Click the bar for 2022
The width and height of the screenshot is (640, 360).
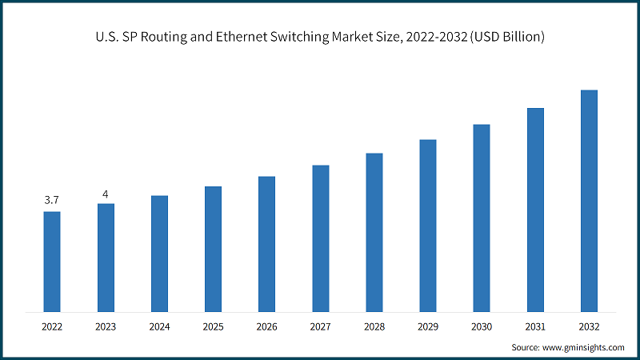pos(52,261)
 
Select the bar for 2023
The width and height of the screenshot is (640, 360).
pos(106,257)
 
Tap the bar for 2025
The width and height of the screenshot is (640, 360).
pos(213,249)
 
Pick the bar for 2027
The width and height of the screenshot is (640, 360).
pos(321,238)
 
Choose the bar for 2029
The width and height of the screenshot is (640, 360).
pos(428,225)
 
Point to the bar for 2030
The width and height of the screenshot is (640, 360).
pos(482,218)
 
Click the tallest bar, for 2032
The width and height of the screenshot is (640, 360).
pos(589,200)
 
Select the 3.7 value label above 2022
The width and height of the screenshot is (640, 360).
pos(52,199)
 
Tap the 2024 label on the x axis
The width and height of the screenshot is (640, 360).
pos(159,326)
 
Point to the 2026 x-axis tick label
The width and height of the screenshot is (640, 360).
pos(266,326)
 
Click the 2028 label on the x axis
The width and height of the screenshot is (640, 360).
pos(374,326)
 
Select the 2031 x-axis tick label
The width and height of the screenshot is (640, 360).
pos(535,326)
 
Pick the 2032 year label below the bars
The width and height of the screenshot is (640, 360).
pos(589,326)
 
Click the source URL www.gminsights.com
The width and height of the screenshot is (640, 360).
pos(585,348)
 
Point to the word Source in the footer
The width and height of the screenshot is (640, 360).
pos(526,348)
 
